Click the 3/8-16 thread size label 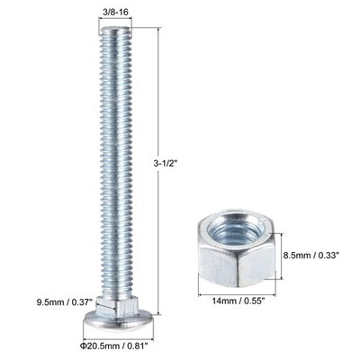click(x=115, y=12)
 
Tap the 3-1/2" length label click(x=166, y=164)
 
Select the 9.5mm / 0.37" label click(x=66, y=301)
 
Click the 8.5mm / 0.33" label click(x=311, y=256)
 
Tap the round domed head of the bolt click(x=119, y=319)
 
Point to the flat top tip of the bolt click(x=115, y=30)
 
